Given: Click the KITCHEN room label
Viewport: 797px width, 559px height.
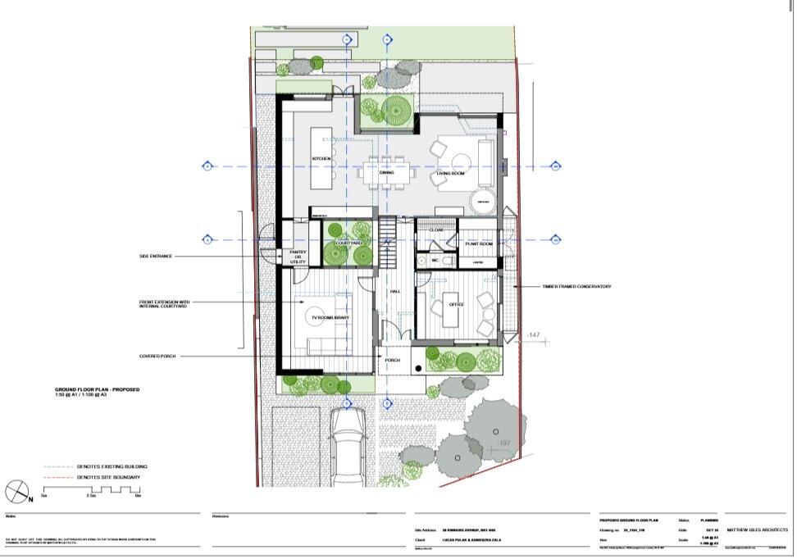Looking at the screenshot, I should coord(321,158).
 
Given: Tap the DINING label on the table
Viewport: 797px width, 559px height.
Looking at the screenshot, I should coord(386,173).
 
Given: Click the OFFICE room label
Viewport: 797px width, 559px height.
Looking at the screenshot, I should coord(457,304).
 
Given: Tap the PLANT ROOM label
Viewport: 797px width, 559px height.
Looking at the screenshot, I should coord(478,244).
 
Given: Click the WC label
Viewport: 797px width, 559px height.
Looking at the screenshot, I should coord(435,261).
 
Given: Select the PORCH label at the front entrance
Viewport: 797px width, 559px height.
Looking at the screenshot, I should coord(393,359).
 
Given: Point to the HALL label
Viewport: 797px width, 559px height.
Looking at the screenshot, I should coord(394,292).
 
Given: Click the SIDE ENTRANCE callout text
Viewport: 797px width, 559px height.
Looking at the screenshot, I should coord(156,257).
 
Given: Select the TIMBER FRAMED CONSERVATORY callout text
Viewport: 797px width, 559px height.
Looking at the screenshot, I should coord(576,286).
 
